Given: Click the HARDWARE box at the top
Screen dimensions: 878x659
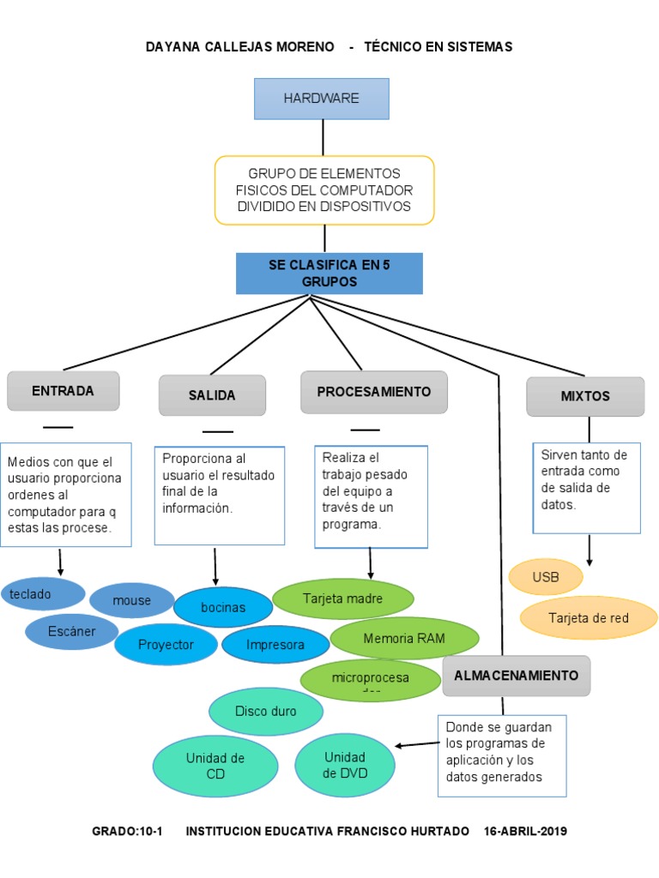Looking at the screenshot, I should [322, 99].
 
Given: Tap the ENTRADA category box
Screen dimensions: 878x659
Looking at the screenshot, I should [63, 391].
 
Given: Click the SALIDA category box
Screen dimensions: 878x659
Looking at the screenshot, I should [212, 395].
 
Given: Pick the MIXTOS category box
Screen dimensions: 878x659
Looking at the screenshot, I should [585, 396].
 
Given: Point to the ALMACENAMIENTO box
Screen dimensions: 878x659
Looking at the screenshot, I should [516, 676].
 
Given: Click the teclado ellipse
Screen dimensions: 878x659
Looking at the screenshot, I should [43, 593].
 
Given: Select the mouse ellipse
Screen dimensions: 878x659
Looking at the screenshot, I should [131, 600].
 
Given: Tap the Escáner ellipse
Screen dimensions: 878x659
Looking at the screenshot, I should [72, 632].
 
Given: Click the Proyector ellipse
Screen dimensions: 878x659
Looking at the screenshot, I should [166, 645].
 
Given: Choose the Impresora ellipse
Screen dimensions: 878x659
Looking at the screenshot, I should [275, 645].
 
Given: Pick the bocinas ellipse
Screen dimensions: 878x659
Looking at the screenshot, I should [223, 607].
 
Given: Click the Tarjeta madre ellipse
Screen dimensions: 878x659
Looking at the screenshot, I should [342, 598].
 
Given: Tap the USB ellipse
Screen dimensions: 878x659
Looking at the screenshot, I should [546, 577].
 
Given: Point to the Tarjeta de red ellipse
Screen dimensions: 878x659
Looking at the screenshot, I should [589, 617].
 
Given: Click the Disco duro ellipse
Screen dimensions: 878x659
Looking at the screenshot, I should [266, 711].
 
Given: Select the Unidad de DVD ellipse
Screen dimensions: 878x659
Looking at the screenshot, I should [345, 764].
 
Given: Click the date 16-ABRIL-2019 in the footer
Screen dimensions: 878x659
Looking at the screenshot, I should [525, 832].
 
